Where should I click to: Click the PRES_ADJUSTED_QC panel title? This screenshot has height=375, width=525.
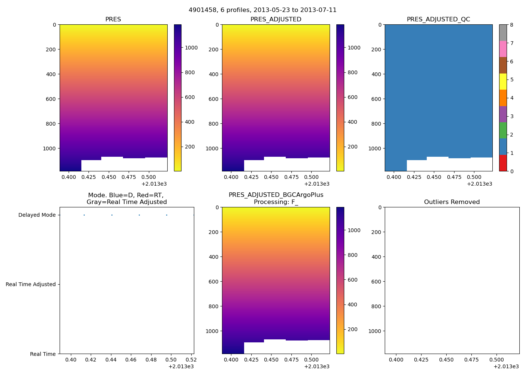(438, 19)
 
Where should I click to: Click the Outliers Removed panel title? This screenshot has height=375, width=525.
(452, 202)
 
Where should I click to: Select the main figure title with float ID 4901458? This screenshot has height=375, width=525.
(262, 10)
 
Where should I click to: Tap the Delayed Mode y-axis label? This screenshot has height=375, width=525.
(37, 215)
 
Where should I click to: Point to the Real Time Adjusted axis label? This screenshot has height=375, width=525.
(31, 284)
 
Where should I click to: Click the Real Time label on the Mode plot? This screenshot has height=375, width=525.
(43, 354)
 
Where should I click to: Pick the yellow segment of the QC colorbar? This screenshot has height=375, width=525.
(503, 81)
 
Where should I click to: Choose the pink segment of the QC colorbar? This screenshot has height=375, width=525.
(503, 49)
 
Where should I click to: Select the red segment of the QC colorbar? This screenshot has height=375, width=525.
(503, 163)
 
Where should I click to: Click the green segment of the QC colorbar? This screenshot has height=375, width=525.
(503, 130)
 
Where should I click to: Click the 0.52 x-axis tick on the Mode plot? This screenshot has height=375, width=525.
(191, 360)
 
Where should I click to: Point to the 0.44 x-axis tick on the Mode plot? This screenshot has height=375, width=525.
(111, 360)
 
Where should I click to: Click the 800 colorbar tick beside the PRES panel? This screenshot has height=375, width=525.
(190, 72)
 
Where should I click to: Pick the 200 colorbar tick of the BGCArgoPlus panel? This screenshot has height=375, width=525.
(352, 329)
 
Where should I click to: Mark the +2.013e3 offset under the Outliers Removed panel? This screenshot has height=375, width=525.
(506, 366)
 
